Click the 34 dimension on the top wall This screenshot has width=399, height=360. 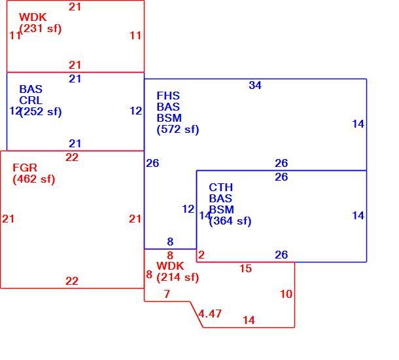click(255, 85)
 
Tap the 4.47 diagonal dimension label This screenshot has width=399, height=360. click(210, 314)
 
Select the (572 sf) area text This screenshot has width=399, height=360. click(178, 130)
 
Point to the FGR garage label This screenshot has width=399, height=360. click(25, 168)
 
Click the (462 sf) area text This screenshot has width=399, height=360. click(34, 179)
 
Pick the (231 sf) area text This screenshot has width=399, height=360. click(41, 29)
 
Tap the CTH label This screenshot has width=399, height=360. click(221, 188)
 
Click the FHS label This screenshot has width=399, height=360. click(168, 96)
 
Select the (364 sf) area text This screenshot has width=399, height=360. click(230, 221)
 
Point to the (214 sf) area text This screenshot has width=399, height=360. click(178, 278)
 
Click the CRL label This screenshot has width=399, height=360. click(31, 101)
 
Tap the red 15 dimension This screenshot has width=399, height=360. click(245, 268)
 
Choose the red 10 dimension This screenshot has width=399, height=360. click(286, 295)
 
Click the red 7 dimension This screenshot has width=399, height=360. click(167, 295)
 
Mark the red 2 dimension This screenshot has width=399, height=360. click(201, 255)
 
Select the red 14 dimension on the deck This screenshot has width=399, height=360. click(249, 320)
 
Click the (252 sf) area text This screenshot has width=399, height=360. click(41, 112)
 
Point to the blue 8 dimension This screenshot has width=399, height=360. click(170, 242)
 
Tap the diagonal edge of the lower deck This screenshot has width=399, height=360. click(197, 315)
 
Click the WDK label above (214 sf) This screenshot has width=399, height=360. click(170, 266)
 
